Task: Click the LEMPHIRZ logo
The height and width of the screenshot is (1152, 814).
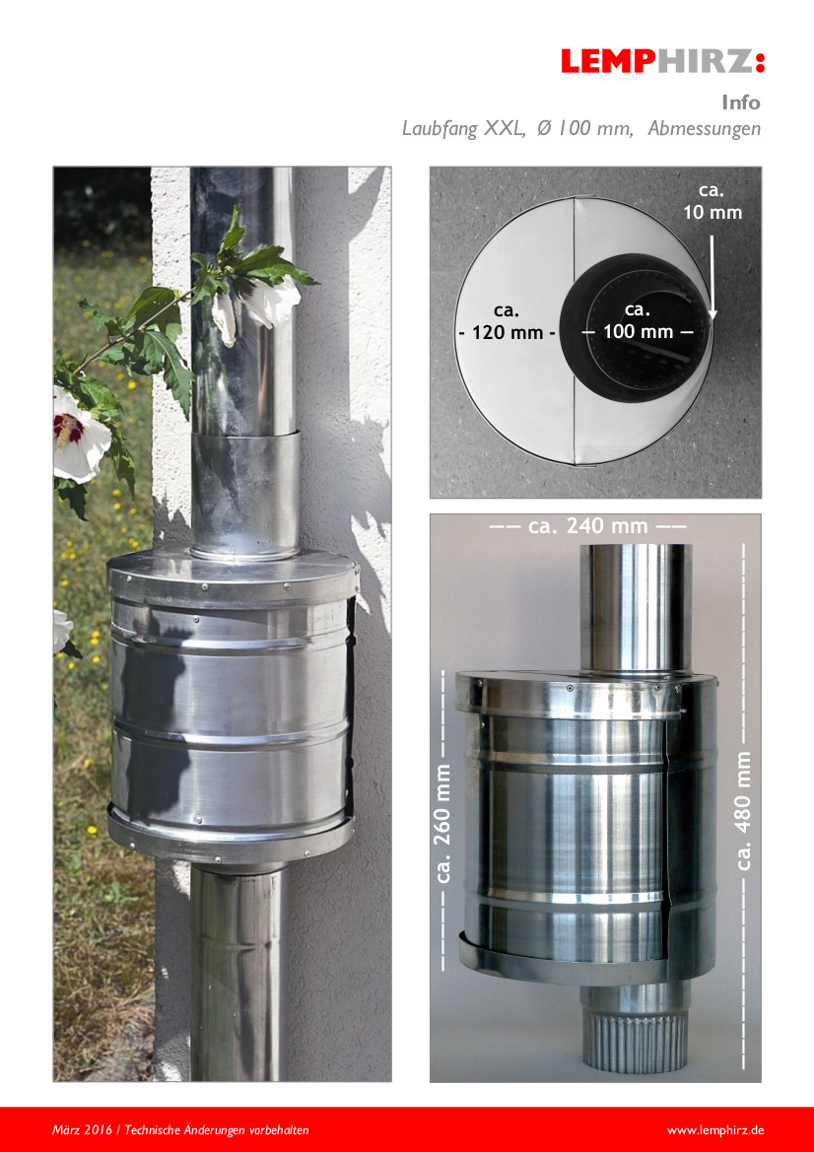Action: click(x=662, y=61)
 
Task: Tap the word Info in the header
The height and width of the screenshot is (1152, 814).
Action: click(x=740, y=102)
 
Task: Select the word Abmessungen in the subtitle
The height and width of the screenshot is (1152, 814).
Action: click(x=704, y=128)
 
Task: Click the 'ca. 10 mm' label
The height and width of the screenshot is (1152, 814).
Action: click(x=712, y=201)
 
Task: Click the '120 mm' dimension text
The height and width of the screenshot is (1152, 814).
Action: click(x=508, y=332)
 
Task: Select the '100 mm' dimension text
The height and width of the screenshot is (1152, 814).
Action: click(x=638, y=332)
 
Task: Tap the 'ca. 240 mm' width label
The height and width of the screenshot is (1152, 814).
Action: click(x=587, y=526)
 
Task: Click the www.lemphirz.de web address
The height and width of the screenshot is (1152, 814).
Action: click(x=714, y=1130)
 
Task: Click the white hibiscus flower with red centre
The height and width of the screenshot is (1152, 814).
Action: click(x=80, y=434)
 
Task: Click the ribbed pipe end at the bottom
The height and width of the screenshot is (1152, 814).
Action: click(x=637, y=1038)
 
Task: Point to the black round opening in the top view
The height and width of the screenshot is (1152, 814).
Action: click(x=637, y=327)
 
